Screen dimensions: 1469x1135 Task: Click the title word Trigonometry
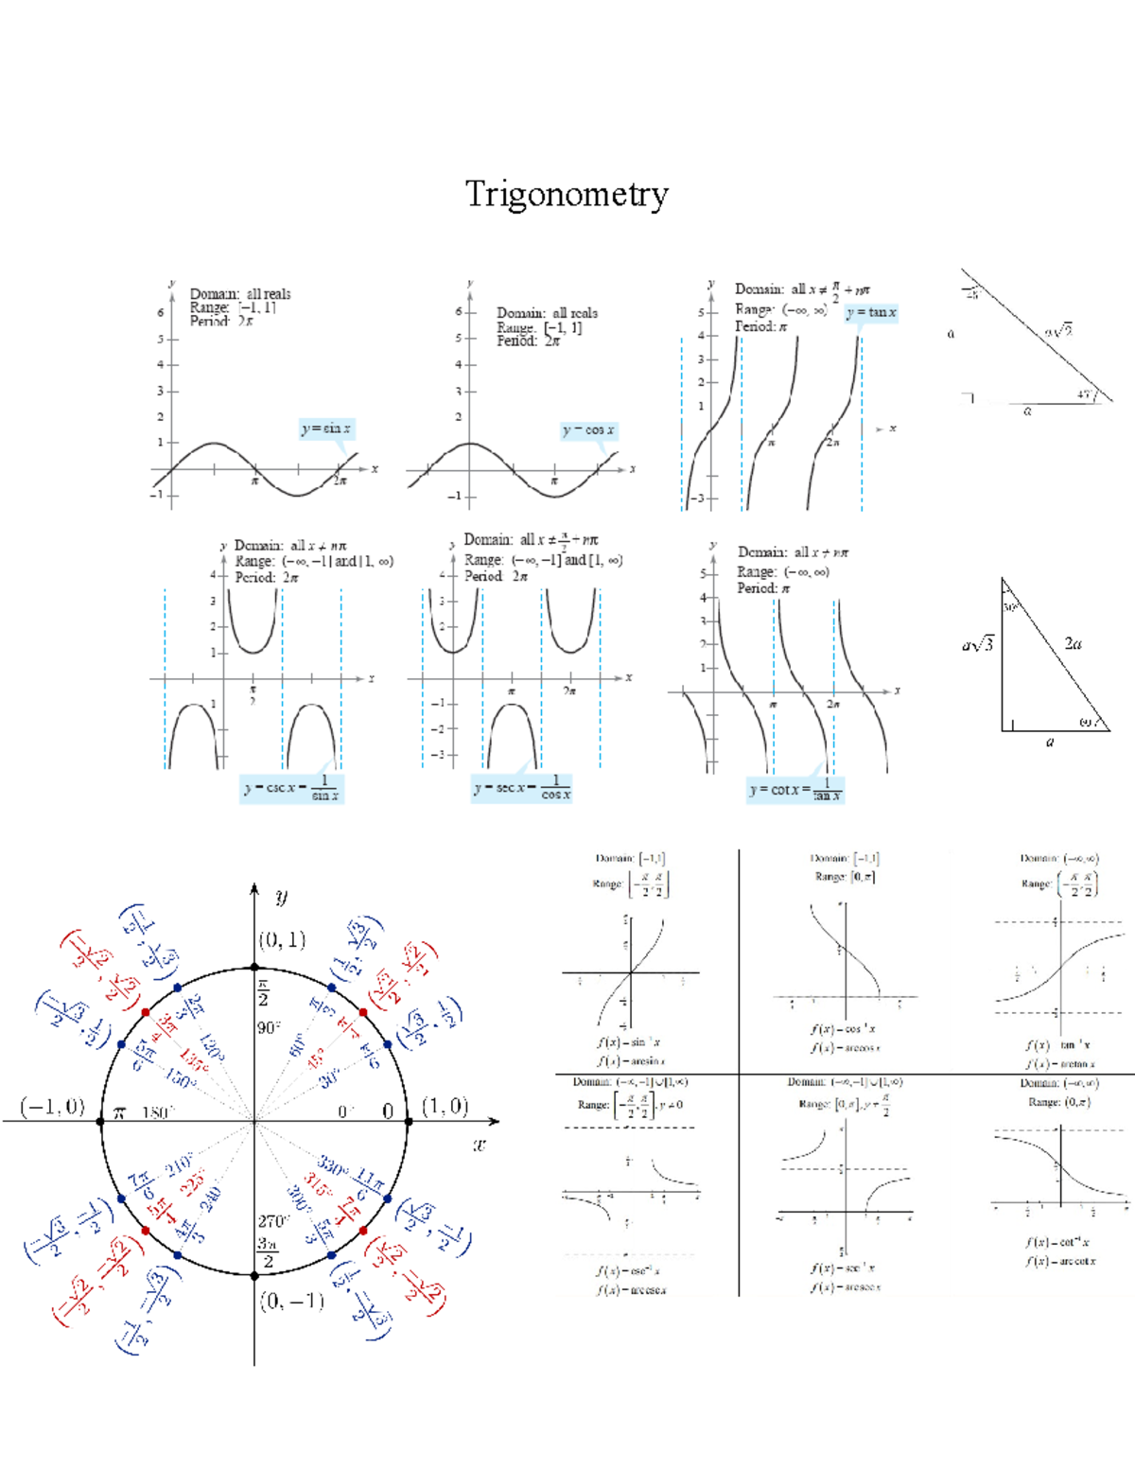point(567,194)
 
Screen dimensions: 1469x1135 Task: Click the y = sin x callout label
point(326,428)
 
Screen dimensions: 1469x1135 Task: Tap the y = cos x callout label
point(588,430)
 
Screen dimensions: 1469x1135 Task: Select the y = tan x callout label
point(871,312)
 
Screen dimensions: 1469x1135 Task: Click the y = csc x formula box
point(290,787)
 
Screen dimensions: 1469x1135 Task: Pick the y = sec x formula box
point(522,787)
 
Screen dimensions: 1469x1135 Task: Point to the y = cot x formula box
point(794,789)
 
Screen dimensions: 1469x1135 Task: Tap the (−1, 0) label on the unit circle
point(53,1107)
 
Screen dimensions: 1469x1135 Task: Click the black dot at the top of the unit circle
point(254,967)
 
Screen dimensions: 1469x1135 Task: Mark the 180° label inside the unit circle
point(155,1113)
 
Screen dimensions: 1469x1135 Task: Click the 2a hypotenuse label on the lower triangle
point(1073,643)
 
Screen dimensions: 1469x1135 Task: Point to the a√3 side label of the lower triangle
point(978,645)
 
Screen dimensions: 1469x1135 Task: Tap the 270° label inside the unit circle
point(273,1221)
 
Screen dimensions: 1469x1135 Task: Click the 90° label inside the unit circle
point(269,1027)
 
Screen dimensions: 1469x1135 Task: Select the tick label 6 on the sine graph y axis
point(161,313)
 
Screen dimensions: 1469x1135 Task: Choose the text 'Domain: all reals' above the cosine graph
point(548,313)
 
